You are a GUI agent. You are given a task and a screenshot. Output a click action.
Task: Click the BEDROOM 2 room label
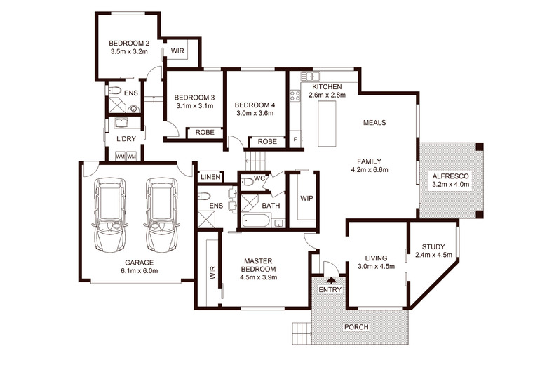point(129,44)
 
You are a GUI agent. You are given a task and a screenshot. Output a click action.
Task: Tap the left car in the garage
point(110,215)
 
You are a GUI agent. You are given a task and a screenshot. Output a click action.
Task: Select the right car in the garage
point(163,215)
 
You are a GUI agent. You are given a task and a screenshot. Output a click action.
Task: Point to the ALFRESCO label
point(450,176)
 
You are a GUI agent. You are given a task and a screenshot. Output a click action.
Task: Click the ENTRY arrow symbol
point(331,281)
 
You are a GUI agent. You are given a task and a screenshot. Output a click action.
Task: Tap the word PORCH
point(356,327)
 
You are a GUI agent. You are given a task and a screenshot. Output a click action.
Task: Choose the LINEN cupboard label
point(210,177)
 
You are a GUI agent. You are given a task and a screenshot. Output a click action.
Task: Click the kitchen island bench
point(327,124)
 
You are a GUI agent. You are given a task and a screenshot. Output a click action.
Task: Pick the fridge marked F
point(295,139)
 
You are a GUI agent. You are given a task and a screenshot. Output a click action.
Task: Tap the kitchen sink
point(310,76)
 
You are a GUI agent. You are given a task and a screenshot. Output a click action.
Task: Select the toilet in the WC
point(248,182)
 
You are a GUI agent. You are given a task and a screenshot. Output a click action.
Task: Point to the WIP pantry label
point(306,199)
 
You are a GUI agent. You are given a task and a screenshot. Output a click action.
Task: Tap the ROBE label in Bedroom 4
point(267,142)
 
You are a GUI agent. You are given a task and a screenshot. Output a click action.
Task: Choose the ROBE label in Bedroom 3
point(205,132)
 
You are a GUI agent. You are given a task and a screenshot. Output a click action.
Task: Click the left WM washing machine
point(120,157)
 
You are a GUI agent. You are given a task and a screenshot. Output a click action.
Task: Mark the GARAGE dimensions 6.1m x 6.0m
point(140,271)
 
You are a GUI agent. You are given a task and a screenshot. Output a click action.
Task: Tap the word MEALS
point(374,123)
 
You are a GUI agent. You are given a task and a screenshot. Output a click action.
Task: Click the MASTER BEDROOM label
point(258,265)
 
